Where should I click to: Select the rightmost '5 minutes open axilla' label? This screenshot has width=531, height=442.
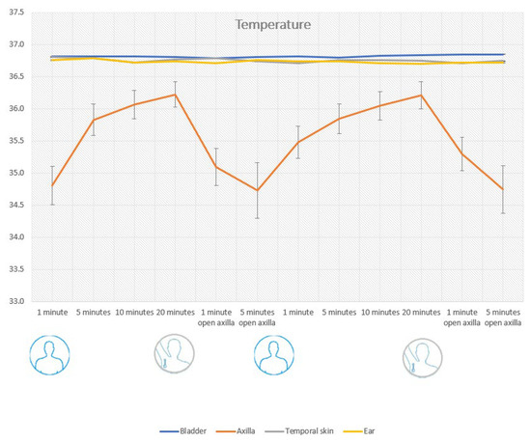point(504,318)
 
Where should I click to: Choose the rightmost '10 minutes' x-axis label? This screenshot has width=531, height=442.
point(381,313)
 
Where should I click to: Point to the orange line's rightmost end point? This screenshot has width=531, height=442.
point(504,189)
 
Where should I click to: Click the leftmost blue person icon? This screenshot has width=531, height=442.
point(48,354)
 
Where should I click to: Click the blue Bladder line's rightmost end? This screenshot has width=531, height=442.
point(504,54)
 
